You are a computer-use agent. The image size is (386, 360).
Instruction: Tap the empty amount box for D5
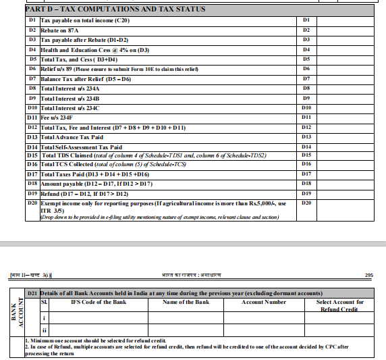(x=349, y=59)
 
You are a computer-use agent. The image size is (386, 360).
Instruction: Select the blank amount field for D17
(x=349, y=174)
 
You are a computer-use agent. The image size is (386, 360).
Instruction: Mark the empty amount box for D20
(x=349, y=210)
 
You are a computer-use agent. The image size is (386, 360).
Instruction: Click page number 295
(x=368, y=275)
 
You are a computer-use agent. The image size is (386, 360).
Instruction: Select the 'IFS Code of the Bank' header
(x=99, y=302)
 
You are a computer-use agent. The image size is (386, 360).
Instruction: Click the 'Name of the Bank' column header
(x=186, y=302)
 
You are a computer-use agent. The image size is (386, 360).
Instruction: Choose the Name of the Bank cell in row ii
(x=186, y=330)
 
